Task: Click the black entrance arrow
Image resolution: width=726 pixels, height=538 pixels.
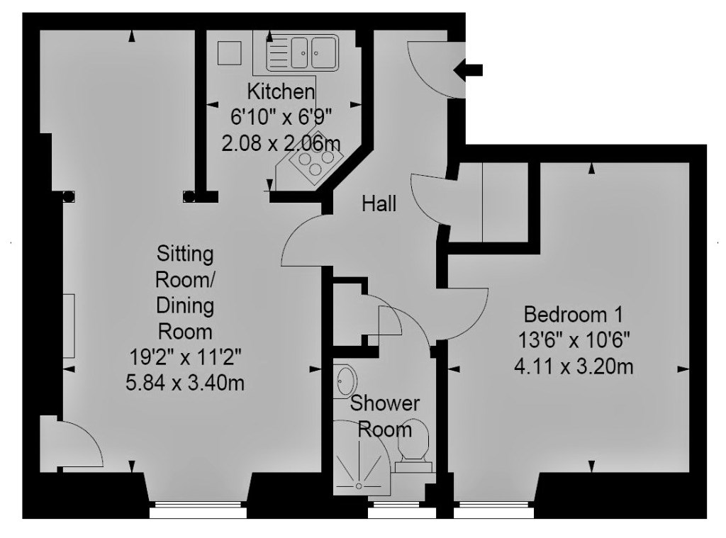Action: (468, 70)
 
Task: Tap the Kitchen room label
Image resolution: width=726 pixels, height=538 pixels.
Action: (281, 91)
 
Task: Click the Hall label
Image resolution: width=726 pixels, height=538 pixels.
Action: (379, 203)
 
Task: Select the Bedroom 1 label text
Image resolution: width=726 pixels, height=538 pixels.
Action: (573, 315)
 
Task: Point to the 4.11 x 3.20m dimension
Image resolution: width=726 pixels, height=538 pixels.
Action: (574, 367)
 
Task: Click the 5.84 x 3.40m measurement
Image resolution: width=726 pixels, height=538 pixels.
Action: (185, 383)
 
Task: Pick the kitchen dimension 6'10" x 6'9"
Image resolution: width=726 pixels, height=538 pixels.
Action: (281, 118)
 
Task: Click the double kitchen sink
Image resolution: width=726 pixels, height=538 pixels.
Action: (302, 52)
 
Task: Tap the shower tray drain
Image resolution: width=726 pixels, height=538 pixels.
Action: (358, 486)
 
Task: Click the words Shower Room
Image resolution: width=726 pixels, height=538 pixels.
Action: (385, 416)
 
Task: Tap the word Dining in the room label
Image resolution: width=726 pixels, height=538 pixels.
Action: (185, 306)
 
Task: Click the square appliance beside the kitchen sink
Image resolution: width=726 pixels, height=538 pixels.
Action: (230, 52)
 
